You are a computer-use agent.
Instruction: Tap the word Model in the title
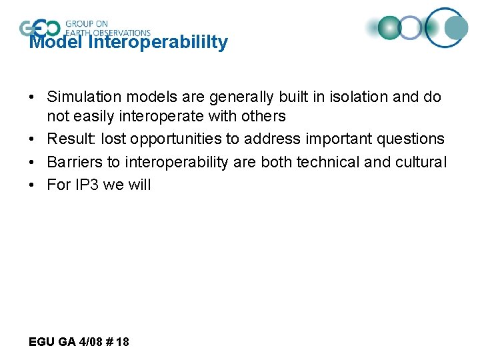pyautogui.click(x=56, y=43)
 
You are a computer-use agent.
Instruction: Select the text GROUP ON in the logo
pyautogui.click(x=87, y=23)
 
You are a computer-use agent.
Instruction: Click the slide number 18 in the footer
pyautogui.click(x=123, y=342)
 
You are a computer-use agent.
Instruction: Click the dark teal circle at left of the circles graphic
pyautogui.click(x=389, y=27)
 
